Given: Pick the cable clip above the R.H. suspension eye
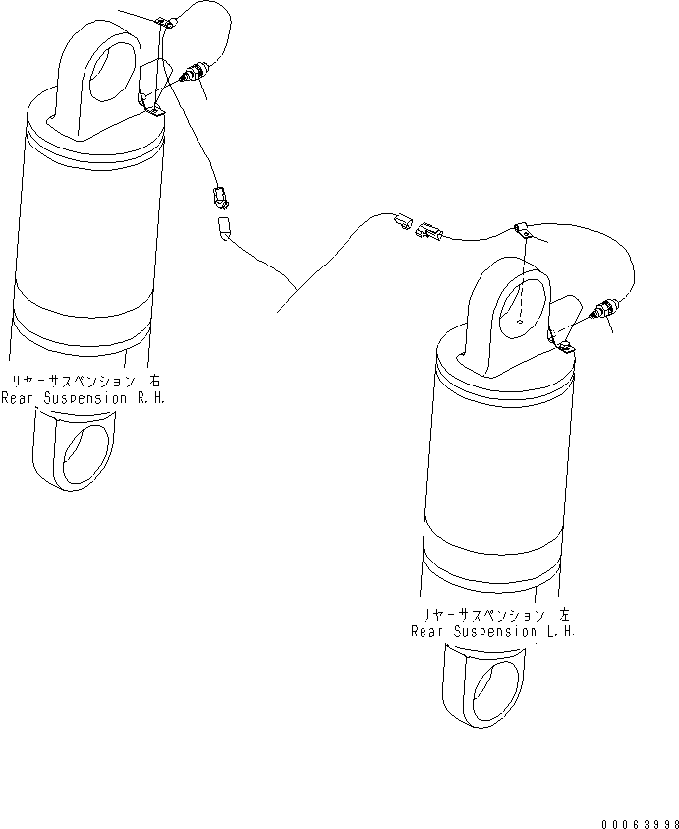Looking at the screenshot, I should point(165,22).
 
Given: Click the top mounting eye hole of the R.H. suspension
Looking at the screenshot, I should point(110,72).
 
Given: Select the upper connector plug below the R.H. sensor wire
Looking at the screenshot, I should point(221,198).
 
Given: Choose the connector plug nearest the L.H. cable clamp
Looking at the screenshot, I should point(429,231).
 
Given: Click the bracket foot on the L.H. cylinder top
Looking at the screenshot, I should point(564,344).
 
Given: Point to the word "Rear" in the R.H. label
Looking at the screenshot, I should point(18,398).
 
